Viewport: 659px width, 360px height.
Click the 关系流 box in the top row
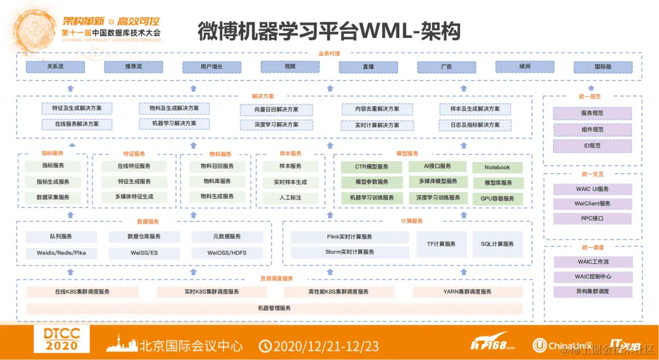55,66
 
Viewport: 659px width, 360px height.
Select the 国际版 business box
603,67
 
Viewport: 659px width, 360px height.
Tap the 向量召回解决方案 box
276,110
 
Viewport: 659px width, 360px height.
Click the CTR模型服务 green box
372,167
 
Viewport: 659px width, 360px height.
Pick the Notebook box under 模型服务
497,168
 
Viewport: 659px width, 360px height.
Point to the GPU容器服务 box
497,199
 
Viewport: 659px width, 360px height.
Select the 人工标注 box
291,197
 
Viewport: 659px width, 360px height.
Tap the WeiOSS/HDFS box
227,253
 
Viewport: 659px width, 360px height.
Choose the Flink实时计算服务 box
350,237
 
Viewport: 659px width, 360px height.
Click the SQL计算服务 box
497,244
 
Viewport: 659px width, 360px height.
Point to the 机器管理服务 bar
275,308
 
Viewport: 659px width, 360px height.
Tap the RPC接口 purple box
592,218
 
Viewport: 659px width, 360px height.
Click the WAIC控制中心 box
592,276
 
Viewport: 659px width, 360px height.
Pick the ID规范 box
592,145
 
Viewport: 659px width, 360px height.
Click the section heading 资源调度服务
276,278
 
